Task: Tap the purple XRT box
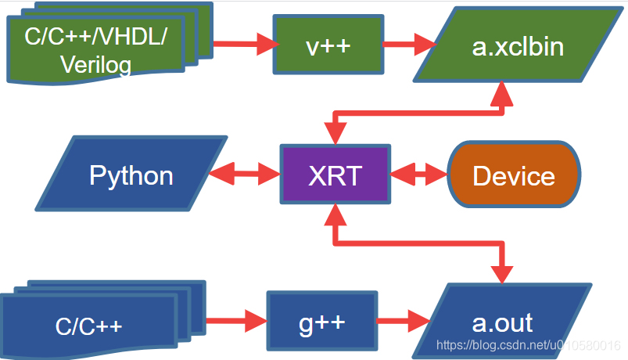[x=335, y=175]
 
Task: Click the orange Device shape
[x=514, y=175]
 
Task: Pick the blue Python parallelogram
[x=131, y=175]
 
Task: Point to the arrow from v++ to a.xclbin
[x=407, y=44]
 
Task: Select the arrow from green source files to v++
[x=242, y=44]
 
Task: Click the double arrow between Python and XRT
[x=246, y=175]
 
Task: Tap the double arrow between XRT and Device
[x=418, y=175]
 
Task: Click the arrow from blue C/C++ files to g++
[x=235, y=321]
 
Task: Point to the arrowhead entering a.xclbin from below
[x=501, y=93]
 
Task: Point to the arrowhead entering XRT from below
[x=335, y=213]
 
